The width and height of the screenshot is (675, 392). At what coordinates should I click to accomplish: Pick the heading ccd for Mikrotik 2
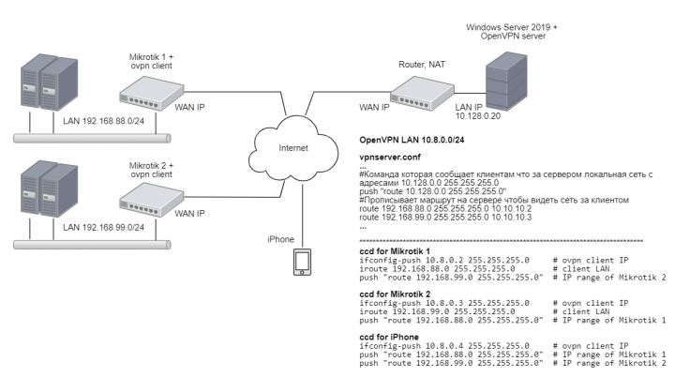click(x=395, y=295)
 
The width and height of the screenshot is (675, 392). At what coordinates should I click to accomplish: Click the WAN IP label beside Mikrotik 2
click(x=190, y=214)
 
